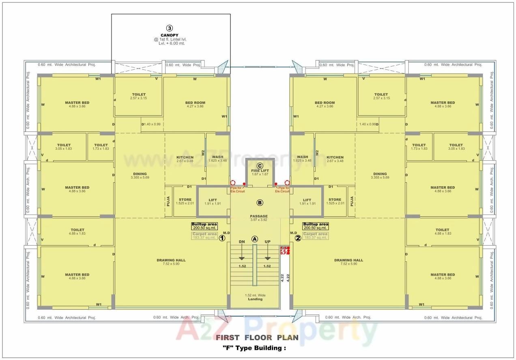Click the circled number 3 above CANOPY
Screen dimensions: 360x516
pyautogui.click(x=170, y=28)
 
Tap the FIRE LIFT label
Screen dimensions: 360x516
pyautogui.click(x=260, y=171)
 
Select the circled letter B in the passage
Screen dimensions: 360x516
pyautogui.click(x=260, y=203)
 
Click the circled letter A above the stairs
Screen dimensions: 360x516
pyautogui.click(x=255, y=239)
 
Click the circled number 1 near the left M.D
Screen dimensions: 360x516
pyautogui.click(x=222, y=238)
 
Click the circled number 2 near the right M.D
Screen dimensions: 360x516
pyautogui.click(x=298, y=238)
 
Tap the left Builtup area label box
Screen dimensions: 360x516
pyautogui.click(x=205, y=226)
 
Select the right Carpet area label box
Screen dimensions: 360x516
pyautogui.click(x=315, y=235)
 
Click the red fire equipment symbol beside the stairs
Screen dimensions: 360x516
pyautogui.click(x=284, y=250)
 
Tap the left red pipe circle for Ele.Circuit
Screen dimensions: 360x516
pyautogui.click(x=233, y=183)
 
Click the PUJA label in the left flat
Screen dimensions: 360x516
pyautogui.click(x=168, y=201)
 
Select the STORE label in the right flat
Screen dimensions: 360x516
pyautogui.click(x=335, y=200)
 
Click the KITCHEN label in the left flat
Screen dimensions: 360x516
pyautogui.click(x=185, y=157)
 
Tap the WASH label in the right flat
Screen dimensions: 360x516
pyautogui.click(x=302, y=157)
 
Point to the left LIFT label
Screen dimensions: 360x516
pyautogui.click(x=213, y=200)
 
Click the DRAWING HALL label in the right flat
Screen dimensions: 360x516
pyautogui.click(x=348, y=260)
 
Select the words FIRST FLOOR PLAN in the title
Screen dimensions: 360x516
pyautogui.click(x=257, y=337)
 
